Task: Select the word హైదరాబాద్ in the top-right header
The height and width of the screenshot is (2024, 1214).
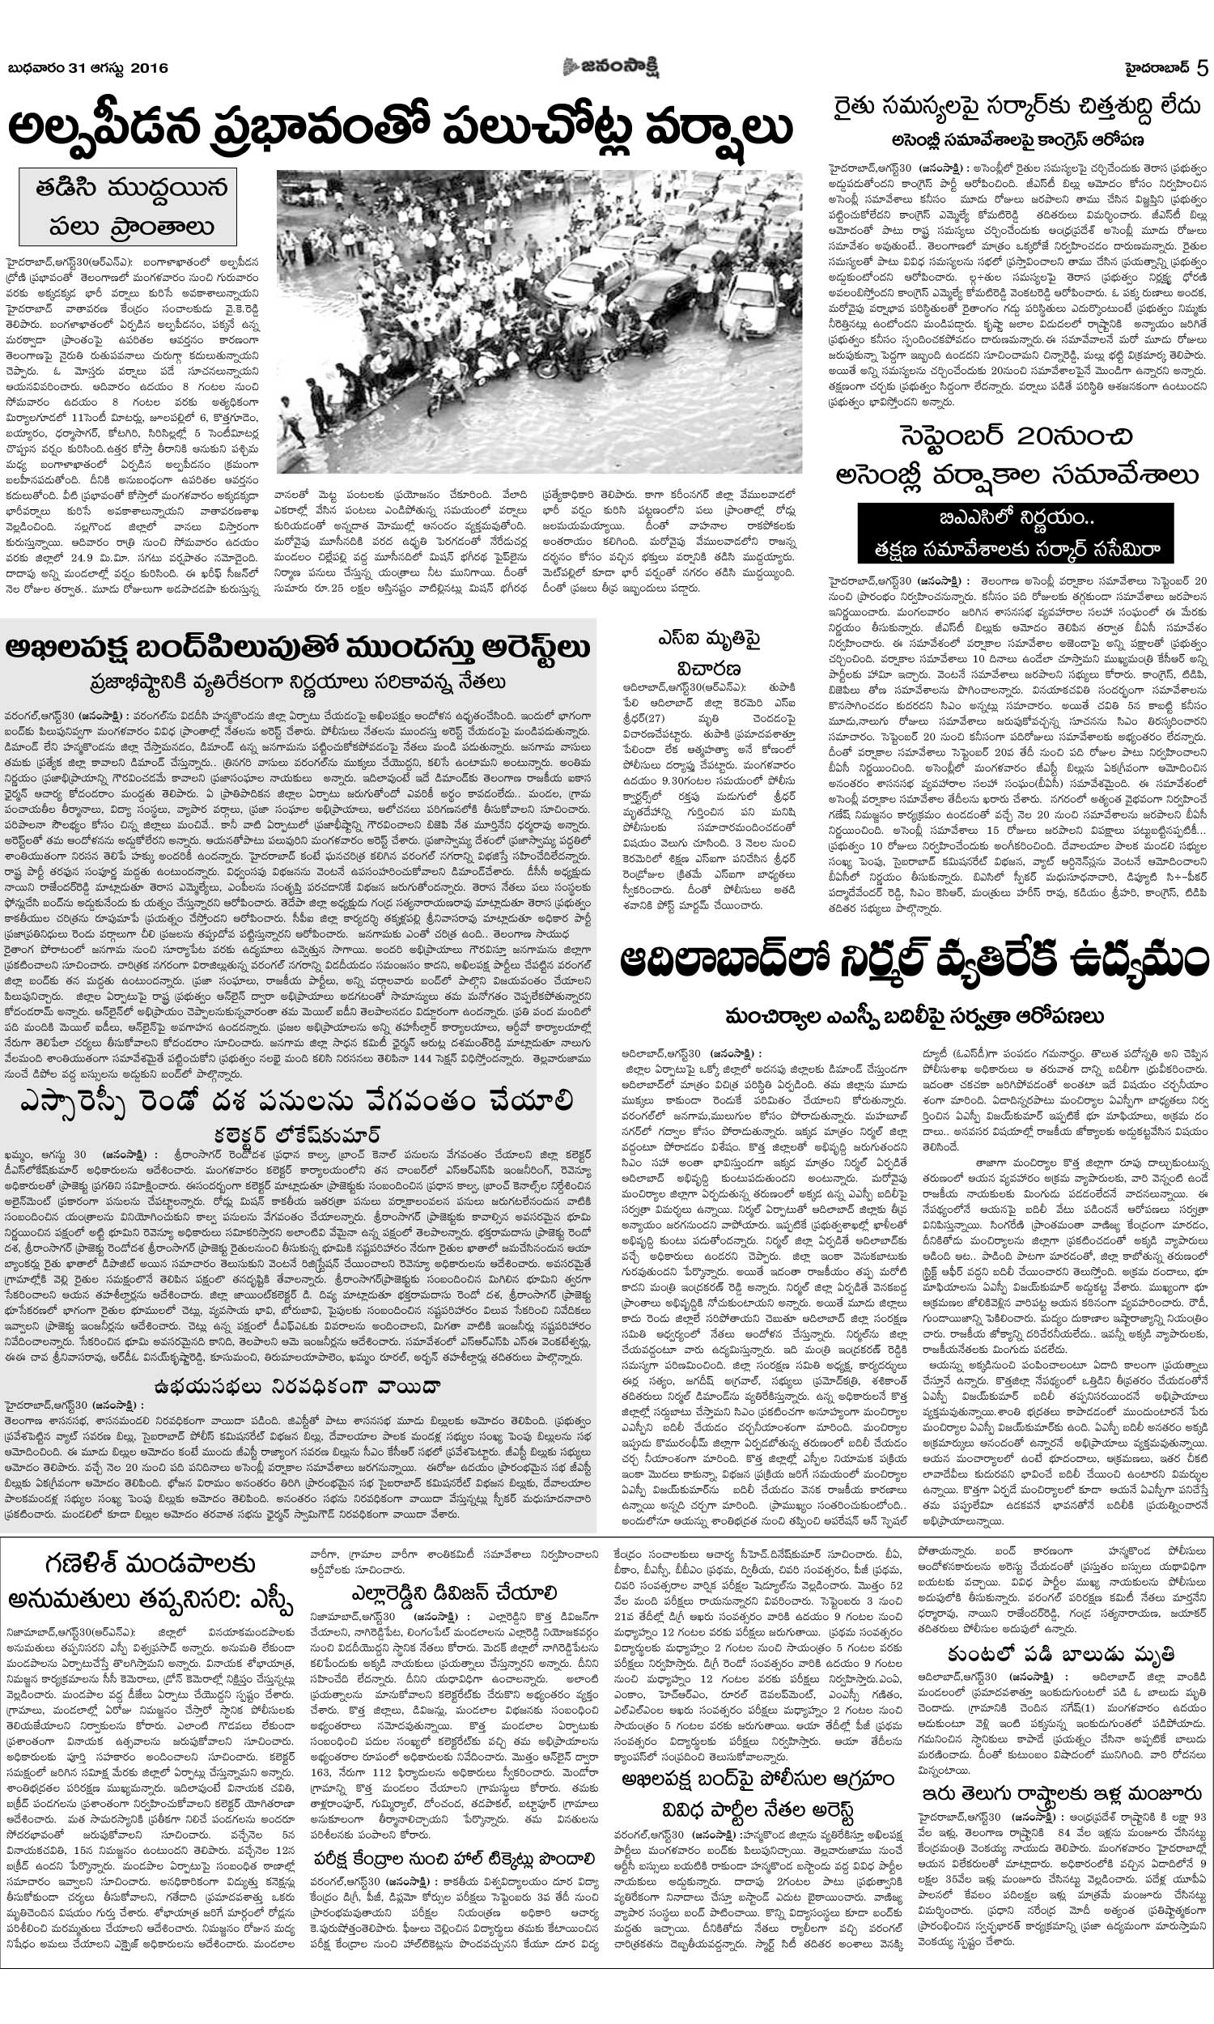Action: tap(1152, 68)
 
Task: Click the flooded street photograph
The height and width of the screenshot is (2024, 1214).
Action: tap(538, 321)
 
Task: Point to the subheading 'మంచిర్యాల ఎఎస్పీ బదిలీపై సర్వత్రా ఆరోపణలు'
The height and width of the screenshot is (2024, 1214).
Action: tap(914, 1016)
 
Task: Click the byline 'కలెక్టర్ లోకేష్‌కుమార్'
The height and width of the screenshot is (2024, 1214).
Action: tap(298, 1135)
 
